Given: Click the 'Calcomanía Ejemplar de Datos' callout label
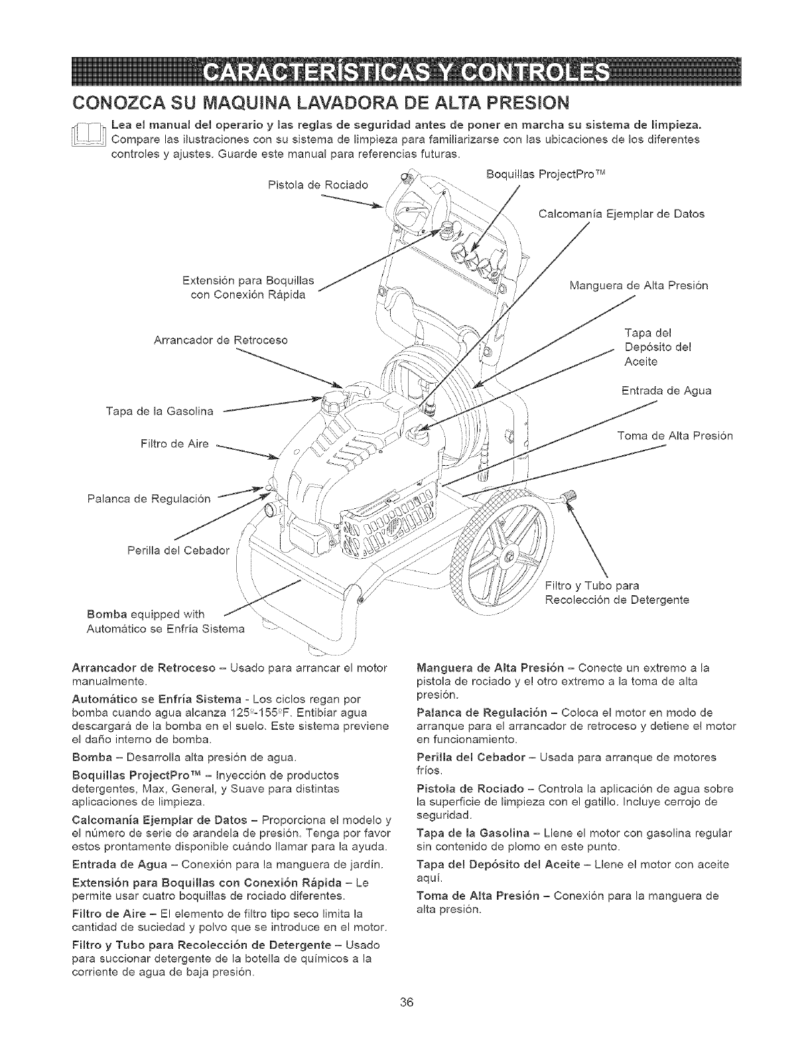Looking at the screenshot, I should click(x=620, y=214).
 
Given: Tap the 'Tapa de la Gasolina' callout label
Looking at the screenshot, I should click(x=159, y=411).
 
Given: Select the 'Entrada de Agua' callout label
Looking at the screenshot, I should click(x=666, y=390).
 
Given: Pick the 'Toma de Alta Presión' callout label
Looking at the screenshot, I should click(x=674, y=436).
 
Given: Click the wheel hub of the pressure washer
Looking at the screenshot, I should click(x=509, y=555).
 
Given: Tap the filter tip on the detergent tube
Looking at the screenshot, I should click(x=569, y=496).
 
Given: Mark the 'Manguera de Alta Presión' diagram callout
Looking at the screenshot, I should click(x=639, y=286).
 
